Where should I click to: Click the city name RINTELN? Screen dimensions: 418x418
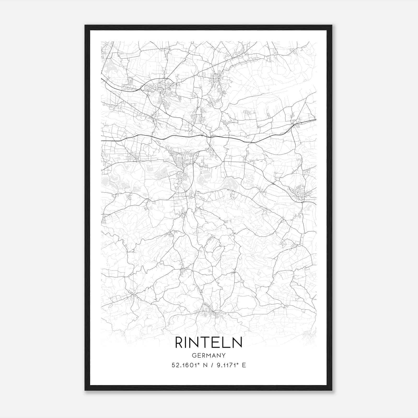tap(208, 342)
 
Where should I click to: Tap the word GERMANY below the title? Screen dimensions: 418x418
tap(208, 355)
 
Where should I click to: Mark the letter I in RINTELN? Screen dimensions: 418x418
tap(187, 342)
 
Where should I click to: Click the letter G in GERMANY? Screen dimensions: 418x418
tap(194, 355)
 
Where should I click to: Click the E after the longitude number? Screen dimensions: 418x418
tap(244, 365)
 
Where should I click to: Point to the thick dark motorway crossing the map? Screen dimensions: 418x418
tap(183, 136)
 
